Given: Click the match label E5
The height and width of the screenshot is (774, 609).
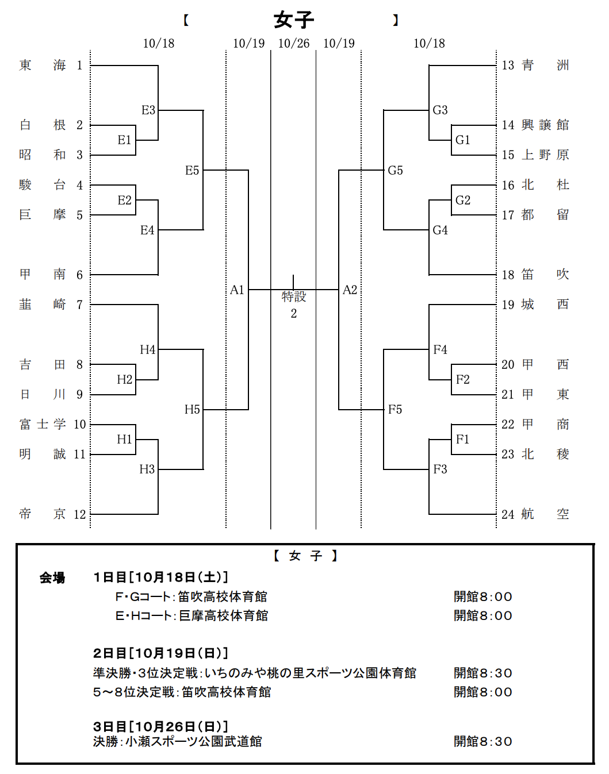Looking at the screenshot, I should coord(192,170).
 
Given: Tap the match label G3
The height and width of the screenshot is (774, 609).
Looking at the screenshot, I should coord(440,110).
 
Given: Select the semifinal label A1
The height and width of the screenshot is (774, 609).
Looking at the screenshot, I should coord(237,290).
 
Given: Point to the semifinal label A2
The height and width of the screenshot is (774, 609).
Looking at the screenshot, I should coord(350,290).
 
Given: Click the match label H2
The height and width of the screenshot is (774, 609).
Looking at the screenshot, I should coord(124,379).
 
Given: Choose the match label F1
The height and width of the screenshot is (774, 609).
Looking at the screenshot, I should coord(462,439).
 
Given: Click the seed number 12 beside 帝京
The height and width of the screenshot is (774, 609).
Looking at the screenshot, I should coord(79,514).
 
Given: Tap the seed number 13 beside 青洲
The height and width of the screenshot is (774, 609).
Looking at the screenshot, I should coord(508,65).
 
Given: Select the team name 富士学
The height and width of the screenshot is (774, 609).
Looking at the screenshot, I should coord(43,424).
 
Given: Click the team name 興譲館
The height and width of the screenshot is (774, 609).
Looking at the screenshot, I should coord(545,125).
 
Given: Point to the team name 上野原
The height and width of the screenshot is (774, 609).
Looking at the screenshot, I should coord(545,155).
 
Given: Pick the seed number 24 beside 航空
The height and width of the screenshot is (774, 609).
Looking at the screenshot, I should coord(508,514).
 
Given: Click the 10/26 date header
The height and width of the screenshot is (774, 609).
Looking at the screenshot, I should coord(293,43).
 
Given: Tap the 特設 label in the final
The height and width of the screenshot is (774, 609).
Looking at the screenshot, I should coord(293,296).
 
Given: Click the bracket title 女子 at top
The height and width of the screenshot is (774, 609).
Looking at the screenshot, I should coord(293,20).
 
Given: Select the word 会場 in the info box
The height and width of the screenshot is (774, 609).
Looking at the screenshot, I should coord(52,577).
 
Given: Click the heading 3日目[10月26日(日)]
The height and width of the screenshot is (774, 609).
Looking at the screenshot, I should coord(160,726).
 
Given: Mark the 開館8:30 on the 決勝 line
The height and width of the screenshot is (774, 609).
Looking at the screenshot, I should coord(482,741).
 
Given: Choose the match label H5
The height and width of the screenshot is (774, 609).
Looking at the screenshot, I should coord(192,409).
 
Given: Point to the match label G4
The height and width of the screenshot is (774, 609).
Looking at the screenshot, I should coord(440,230).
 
